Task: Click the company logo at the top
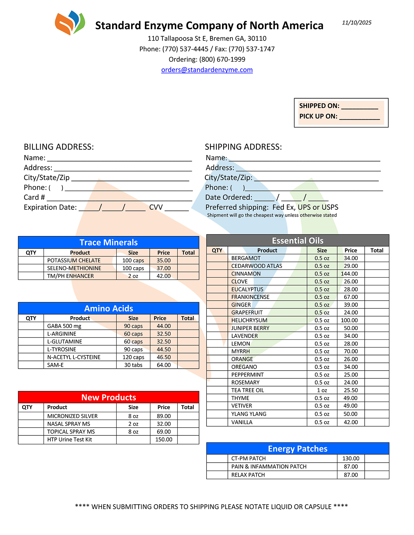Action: pyautogui.click(x=70, y=23)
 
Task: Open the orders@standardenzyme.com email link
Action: pyautogui.click(x=207, y=70)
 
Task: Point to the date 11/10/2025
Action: pyautogui.click(x=357, y=23)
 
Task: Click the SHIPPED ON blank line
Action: pyautogui.click(x=359, y=107)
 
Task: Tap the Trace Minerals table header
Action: pyautogui.click(x=108, y=243)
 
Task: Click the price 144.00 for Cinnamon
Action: pyautogui.click(x=351, y=274)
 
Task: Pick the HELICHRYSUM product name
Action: pyautogui.click(x=249, y=320)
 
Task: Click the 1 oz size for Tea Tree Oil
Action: pyautogui.click(x=322, y=390)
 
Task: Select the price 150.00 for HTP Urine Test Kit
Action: pyautogui.click(x=164, y=440)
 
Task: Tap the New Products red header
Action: pyautogui.click(x=108, y=397)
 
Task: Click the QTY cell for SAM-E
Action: pyautogui.click(x=31, y=365)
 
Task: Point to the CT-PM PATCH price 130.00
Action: pyautogui.click(x=351, y=458)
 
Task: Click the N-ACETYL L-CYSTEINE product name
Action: pyautogui.click(x=74, y=357)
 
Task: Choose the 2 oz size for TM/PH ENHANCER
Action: pyautogui.click(x=133, y=276)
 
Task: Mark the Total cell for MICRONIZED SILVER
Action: pyautogui.click(x=188, y=416)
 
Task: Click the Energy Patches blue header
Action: pyautogui.click(x=297, y=449)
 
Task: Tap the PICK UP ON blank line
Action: pyautogui.click(x=359, y=117)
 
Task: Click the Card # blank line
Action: pyautogui.click(x=119, y=199)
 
